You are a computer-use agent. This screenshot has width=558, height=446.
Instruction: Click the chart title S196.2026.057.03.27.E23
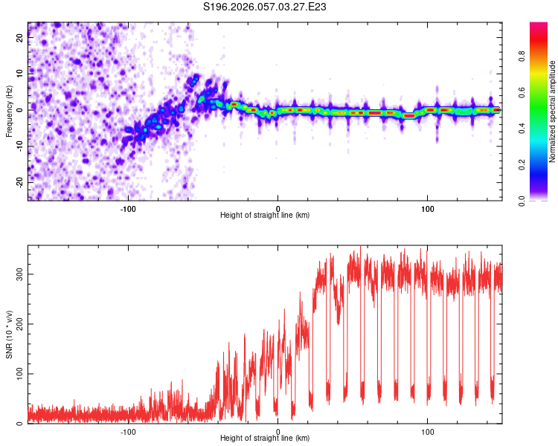pyautogui.click(x=266, y=7)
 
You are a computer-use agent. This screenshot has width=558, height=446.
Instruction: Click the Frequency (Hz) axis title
pyautogui.click(x=9, y=110)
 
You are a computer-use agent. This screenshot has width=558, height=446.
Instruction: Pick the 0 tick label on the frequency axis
pyautogui.click(x=21, y=110)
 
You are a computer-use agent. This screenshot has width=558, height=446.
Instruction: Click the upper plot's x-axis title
pyautogui.click(x=265, y=215)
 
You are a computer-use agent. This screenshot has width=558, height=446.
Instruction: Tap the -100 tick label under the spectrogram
pyautogui.click(x=128, y=209)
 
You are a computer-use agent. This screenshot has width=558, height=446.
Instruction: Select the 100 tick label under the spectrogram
pyautogui.click(x=428, y=209)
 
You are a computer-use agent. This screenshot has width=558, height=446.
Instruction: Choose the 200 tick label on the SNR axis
pyautogui.click(x=18, y=324)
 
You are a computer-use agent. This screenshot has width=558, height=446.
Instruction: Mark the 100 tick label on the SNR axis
pyautogui.click(x=18, y=374)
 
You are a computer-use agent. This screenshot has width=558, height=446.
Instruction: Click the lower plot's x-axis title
pyautogui.click(x=265, y=438)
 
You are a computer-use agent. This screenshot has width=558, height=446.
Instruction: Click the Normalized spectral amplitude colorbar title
pyautogui.click(x=553, y=111)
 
